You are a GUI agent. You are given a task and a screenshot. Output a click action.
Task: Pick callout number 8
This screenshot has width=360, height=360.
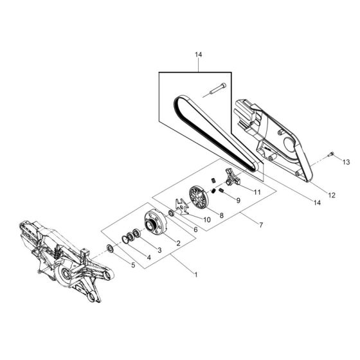(221, 217)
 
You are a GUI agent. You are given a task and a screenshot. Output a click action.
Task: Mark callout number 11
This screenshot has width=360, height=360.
(257, 192)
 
